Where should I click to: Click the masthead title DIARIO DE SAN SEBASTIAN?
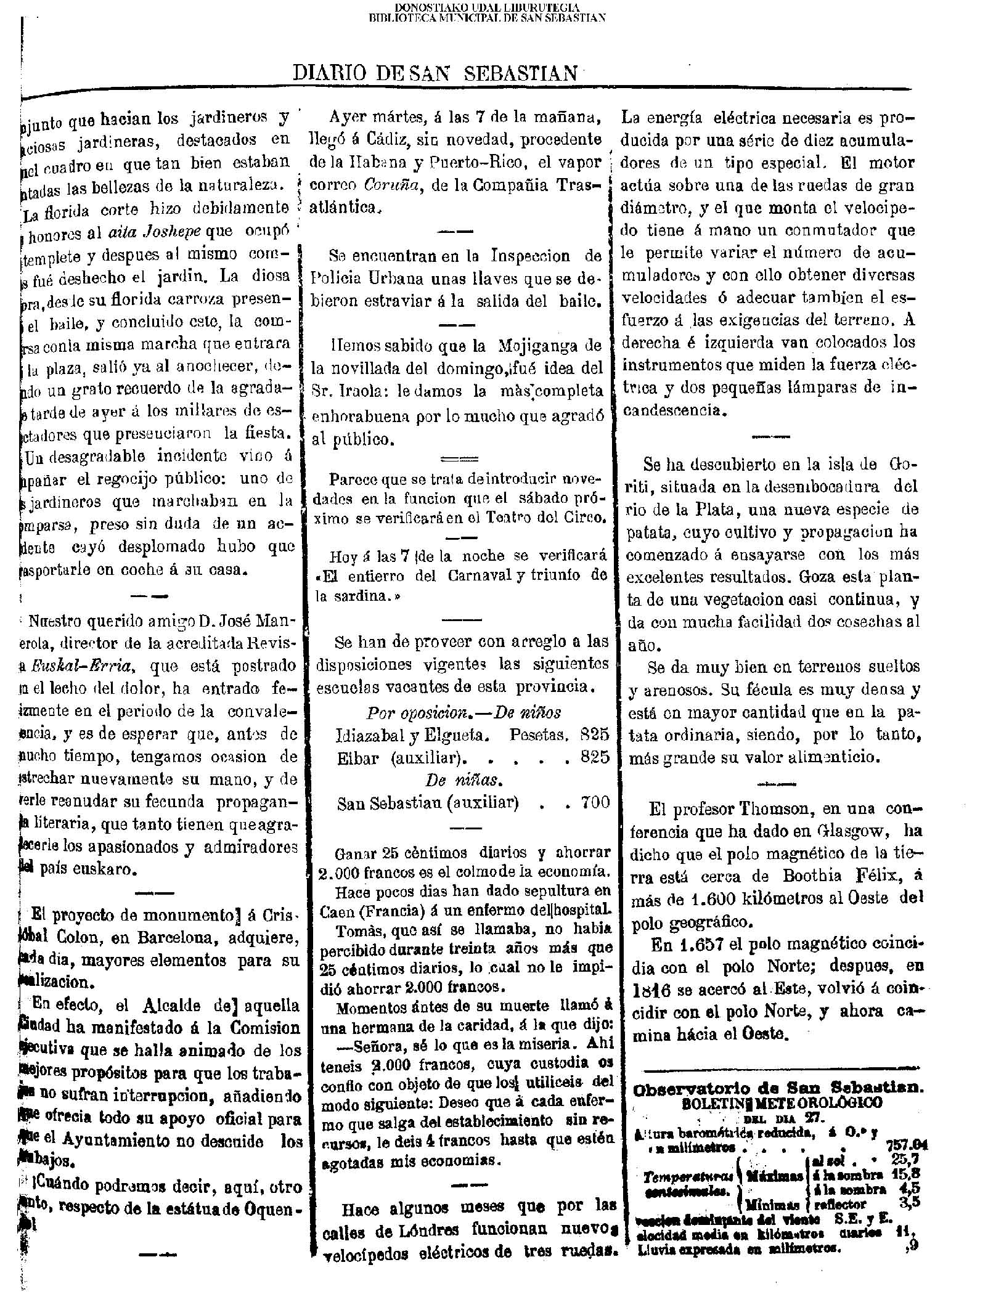[436, 73]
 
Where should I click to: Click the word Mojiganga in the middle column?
[529, 344]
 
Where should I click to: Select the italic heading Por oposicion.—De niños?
[463, 713]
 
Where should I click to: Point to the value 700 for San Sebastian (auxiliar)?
[595, 803]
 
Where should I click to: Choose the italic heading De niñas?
[463, 780]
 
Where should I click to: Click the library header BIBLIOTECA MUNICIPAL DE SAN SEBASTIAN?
[486, 18]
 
